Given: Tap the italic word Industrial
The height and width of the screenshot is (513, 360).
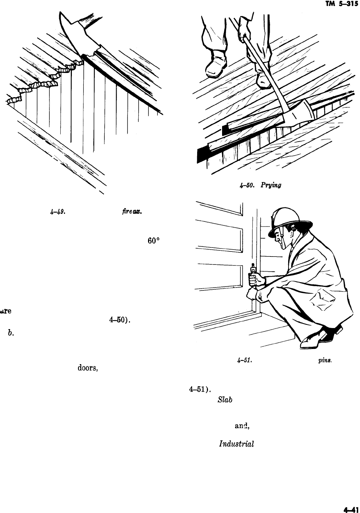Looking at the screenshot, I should [236, 443].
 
